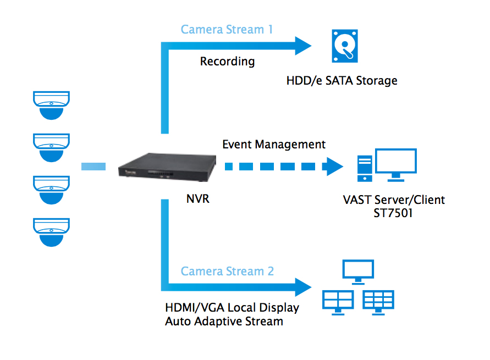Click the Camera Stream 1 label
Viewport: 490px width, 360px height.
tap(227, 29)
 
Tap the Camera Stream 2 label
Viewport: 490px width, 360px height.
tap(227, 271)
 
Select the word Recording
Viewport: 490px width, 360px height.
tap(227, 61)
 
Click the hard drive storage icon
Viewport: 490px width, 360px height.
tap(345, 46)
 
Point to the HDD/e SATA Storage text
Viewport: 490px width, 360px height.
tap(342, 81)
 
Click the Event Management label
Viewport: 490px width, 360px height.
tap(274, 145)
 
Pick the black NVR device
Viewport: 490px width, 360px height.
tap(164, 166)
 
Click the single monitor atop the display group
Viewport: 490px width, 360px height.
tap(358, 270)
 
